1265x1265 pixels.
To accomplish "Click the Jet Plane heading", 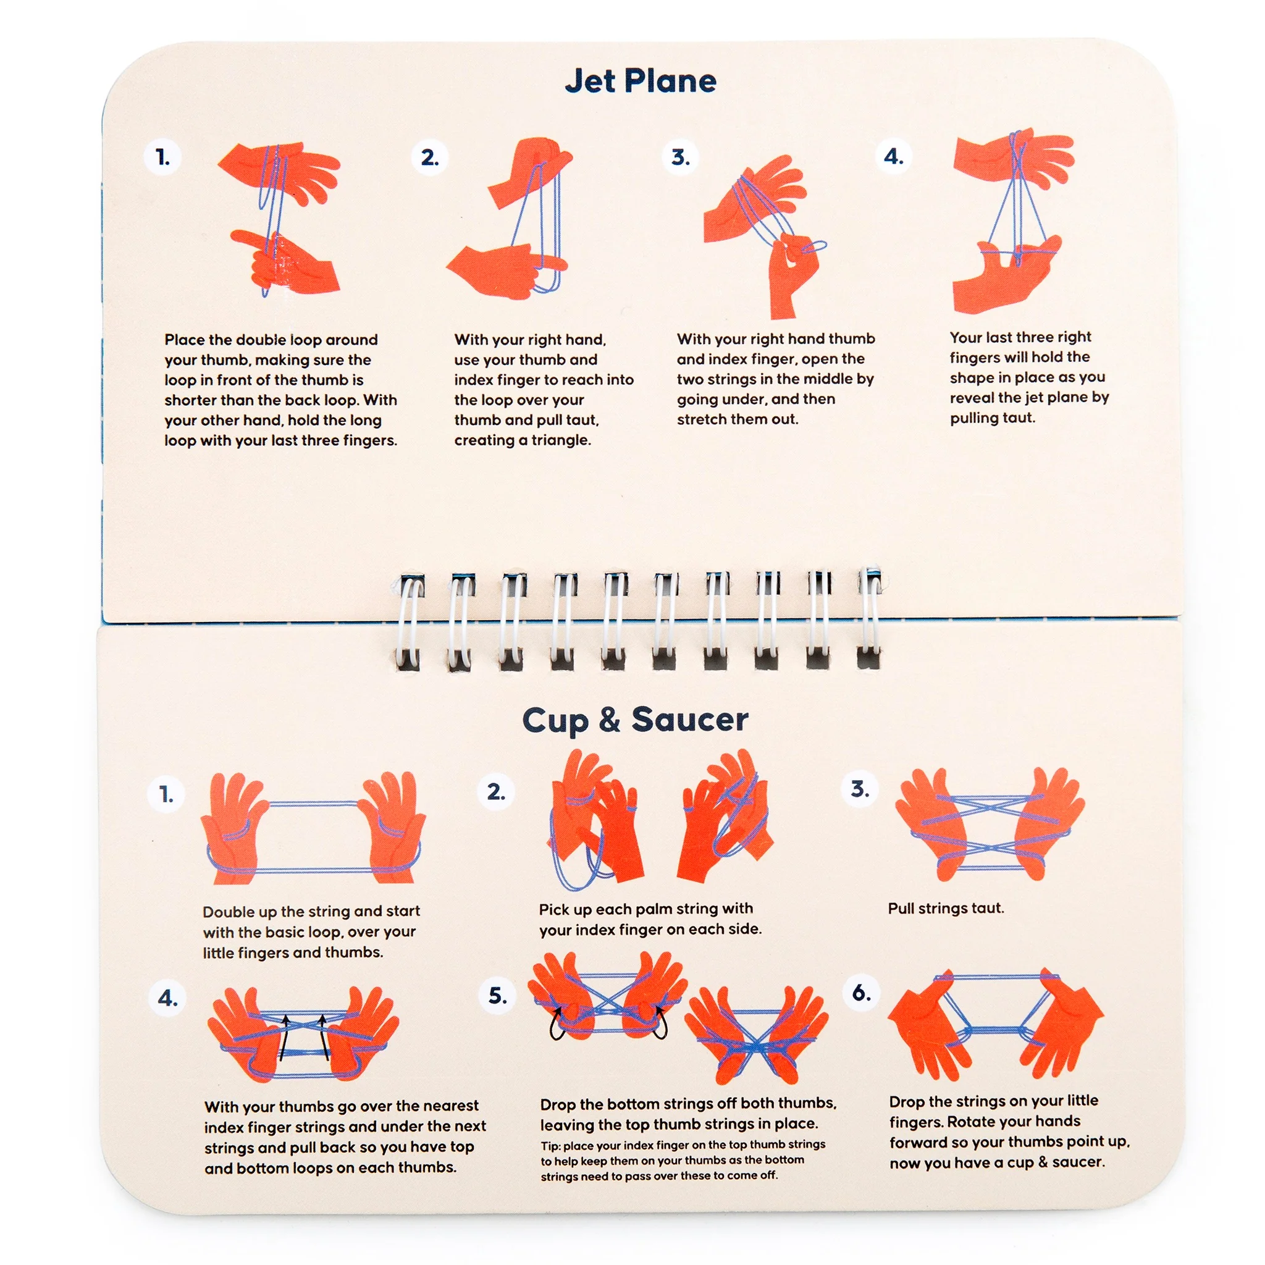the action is tap(641, 81).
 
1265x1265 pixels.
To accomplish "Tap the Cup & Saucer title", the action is tap(635, 720).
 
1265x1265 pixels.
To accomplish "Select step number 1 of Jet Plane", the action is tap(162, 157).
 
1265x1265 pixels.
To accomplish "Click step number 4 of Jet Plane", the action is tap(894, 156).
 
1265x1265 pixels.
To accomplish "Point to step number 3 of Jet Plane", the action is tap(680, 157).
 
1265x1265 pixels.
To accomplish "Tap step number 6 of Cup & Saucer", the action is tap(862, 993).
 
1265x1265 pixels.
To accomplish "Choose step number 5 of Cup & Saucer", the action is tap(498, 996).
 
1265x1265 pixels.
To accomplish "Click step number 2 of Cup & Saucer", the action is tap(497, 792).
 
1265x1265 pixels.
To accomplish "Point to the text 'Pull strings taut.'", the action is tap(946, 909).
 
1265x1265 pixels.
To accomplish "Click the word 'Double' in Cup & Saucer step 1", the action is tap(227, 912).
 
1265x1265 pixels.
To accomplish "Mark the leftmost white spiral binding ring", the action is tap(411, 623).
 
